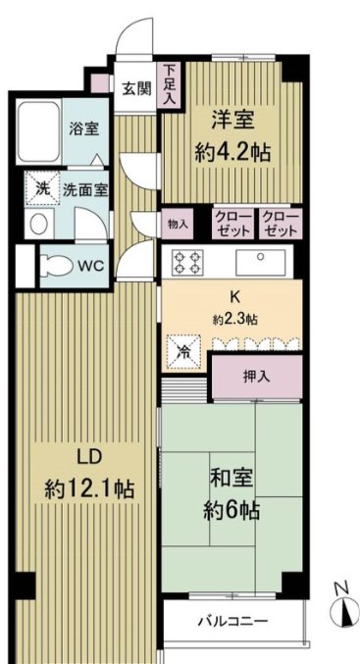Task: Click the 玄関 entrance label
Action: [136, 87]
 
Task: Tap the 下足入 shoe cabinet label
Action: [171, 83]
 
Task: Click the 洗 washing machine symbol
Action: [42, 187]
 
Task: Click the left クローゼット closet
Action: [234, 224]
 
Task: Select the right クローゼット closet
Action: [281, 224]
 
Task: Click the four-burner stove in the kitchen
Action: [187, 263]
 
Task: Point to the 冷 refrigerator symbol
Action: [181, 347]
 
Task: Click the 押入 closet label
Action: [257, 376]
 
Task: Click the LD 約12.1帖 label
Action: [88, 475]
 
